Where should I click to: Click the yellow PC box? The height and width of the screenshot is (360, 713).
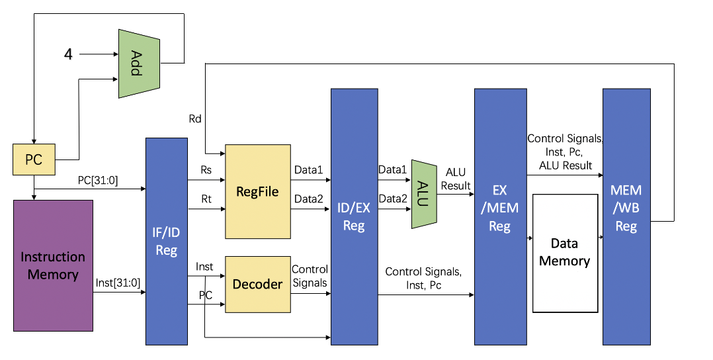(33, 159)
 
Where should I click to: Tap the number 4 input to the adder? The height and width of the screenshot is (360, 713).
(68, 54)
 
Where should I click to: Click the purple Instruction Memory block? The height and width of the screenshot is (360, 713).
(53, 265)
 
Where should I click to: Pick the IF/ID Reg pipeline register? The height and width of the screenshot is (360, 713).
(166, 241)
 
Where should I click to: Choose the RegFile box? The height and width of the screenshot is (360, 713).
(257, 192)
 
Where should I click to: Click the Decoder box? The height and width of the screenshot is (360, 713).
(257, 284)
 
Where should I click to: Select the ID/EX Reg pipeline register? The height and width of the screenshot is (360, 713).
(354, 217)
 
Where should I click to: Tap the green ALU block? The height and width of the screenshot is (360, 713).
(424, 194)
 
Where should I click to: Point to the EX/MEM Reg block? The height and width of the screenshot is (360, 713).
(500, 217)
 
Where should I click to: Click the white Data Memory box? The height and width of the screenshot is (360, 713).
(564, 253)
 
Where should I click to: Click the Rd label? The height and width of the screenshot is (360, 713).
(195, 119)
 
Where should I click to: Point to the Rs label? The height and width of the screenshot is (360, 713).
(206, 170)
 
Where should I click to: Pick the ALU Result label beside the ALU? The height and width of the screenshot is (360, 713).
(456, 179)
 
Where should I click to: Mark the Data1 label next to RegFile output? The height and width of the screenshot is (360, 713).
(308, 171)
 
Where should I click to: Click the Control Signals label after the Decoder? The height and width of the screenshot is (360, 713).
(310, 276)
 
